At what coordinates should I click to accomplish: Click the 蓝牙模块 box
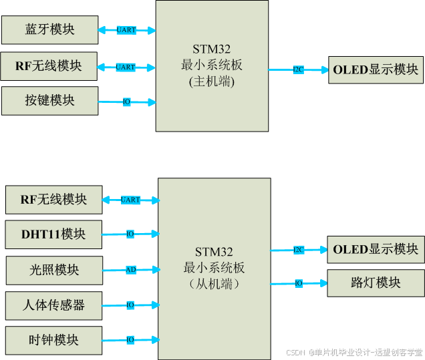point(49,30)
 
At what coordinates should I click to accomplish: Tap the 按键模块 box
point(49,101)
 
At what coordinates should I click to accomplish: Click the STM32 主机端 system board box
point(212,65)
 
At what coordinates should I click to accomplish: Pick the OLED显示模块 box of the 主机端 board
point(376,69)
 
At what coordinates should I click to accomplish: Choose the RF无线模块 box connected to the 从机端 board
point(53,200)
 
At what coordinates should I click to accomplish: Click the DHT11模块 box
point(53,234)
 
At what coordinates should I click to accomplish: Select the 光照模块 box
point(54,270)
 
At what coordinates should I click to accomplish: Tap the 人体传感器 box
point(53,305)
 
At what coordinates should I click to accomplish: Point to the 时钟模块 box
point(53,340)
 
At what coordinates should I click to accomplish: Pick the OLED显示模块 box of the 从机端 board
point(376,249)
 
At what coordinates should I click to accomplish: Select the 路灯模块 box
point(376,283)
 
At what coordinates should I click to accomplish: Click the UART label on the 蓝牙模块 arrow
point(126,30)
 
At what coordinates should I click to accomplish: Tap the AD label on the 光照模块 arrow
point(130,270)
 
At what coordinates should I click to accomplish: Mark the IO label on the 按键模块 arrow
point(126,102)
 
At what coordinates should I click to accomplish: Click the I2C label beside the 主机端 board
point(298,69)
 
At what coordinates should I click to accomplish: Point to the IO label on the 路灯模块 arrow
point(299,283)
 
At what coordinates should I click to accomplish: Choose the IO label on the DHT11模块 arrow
point(130,234)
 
